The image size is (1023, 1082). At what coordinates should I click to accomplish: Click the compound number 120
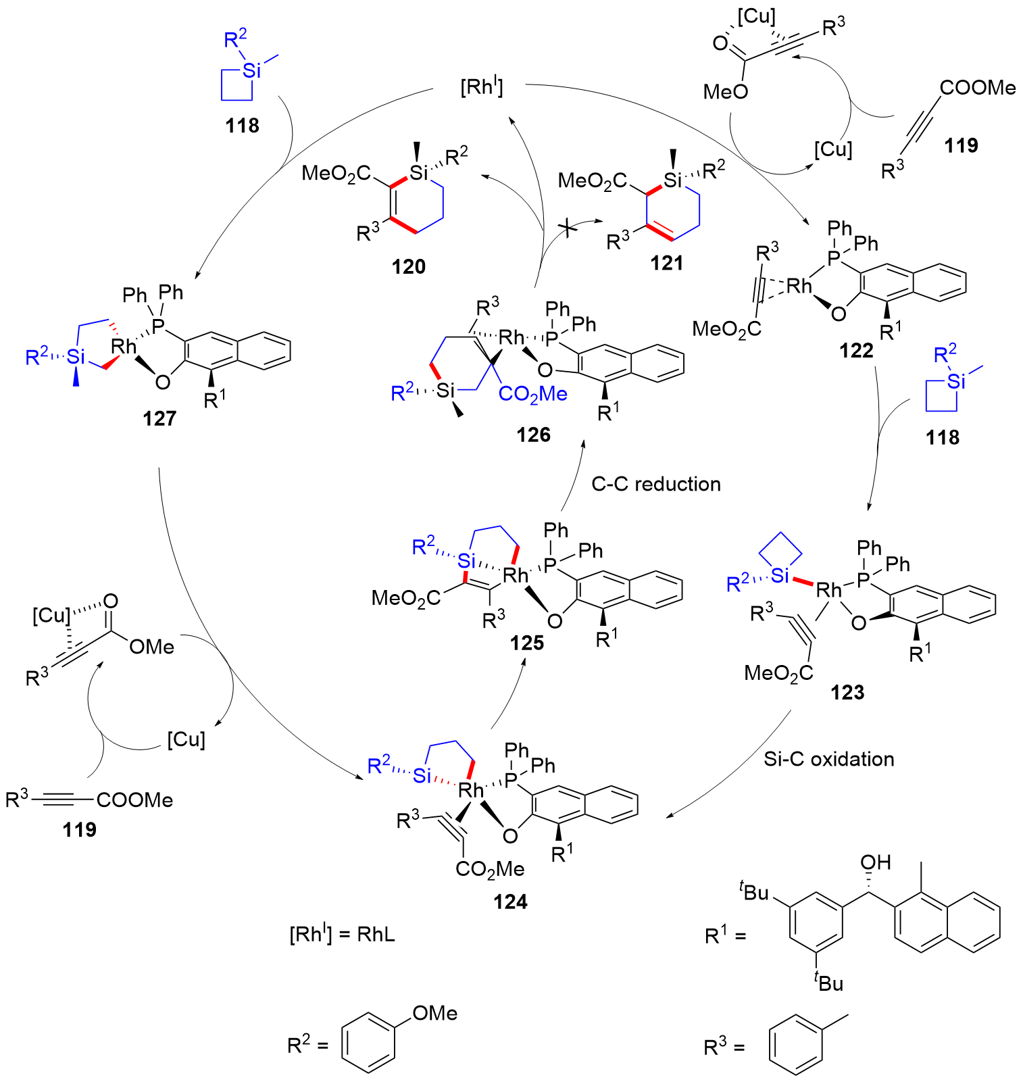(x=409, y=267)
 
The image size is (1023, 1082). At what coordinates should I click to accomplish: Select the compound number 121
(x=667, y=263)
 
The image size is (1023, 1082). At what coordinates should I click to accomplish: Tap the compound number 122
(x=856, y=350)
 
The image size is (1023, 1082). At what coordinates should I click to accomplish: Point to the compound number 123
(x=847, y=692)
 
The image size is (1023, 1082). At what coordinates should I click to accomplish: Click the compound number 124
(x=510, y=902)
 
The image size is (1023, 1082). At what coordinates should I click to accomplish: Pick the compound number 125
(x=527, y=643)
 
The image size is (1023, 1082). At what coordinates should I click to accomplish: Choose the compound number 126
(x=534, y=435)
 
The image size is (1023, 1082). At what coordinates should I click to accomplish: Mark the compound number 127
(x=159, y=419)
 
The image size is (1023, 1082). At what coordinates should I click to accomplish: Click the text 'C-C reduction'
(x=655, y=484)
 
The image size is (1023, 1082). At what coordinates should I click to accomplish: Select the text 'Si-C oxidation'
(x=828, y=759)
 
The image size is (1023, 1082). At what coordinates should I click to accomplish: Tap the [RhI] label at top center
(x=482, y=87)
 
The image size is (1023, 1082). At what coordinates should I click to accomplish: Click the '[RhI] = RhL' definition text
(x=342, y=935)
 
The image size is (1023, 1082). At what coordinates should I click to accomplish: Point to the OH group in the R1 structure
(x=876, y=862)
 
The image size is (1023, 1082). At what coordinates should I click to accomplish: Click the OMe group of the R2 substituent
(x=434, y=1013)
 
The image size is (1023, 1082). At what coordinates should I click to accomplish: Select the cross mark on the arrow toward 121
(x=570, y=230)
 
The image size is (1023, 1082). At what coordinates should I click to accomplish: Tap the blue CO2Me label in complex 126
(x=532, y=394)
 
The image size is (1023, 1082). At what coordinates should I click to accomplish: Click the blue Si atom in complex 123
(x=780, y=576)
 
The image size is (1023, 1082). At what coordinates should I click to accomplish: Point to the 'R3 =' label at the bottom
(x=724, y=1048)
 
